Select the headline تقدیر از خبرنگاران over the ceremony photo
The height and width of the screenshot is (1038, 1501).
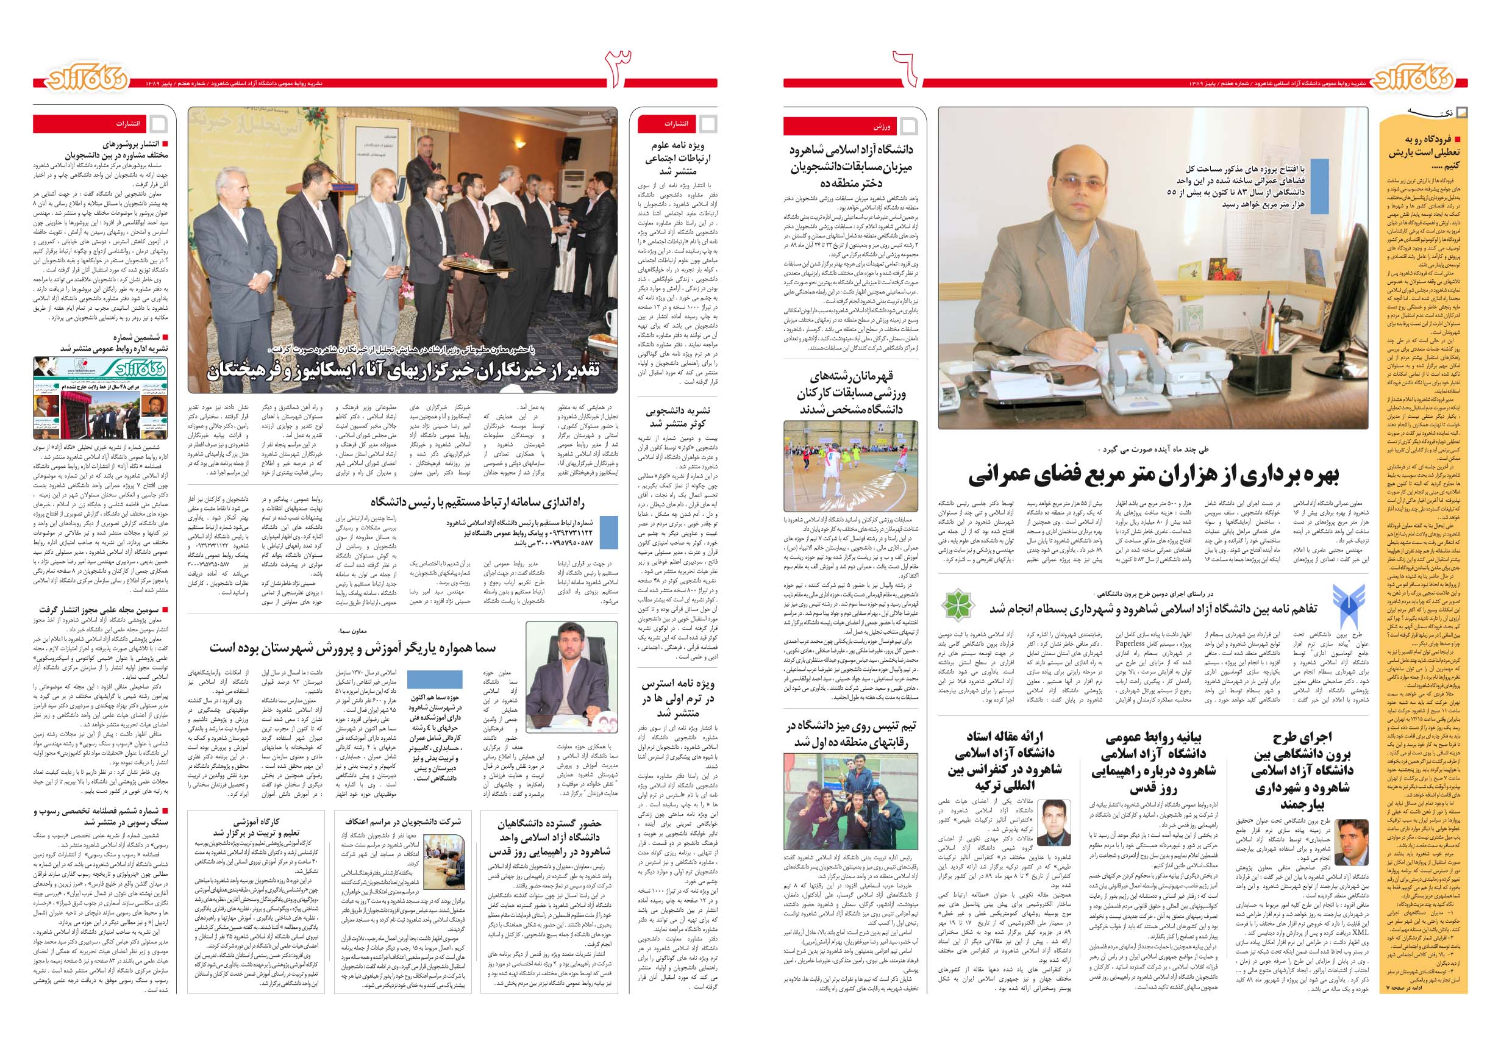pos(403,371)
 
